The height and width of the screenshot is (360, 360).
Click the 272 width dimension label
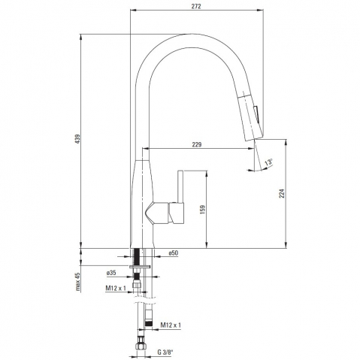click(x=196, y=6)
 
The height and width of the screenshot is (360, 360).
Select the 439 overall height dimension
click(x=77, y=139)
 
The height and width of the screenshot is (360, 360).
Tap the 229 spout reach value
click(x=197, y=144)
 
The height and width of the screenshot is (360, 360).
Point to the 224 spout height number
click(x=282, y=193)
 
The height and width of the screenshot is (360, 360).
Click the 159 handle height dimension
click(x=202, y=210)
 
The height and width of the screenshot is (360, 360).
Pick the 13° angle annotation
click(x=268, y=162)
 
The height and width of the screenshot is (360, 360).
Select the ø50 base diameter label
click(x=174, y=253)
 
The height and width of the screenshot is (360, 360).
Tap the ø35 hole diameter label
click(x=111, y=273)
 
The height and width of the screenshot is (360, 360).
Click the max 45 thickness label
click(x=78, y=282)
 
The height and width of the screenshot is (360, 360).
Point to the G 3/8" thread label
click(x=165, y=352)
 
